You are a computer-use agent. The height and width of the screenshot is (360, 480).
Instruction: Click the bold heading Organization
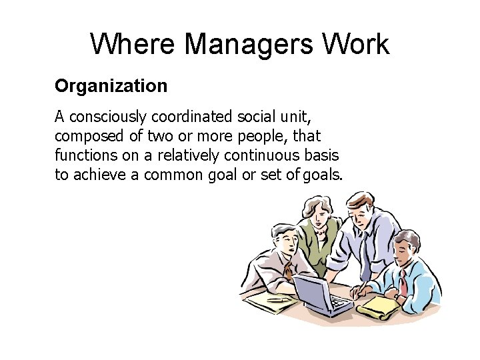(x=111, y=86)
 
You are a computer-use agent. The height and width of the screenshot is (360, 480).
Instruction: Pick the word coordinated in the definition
(x=190, y=117)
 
